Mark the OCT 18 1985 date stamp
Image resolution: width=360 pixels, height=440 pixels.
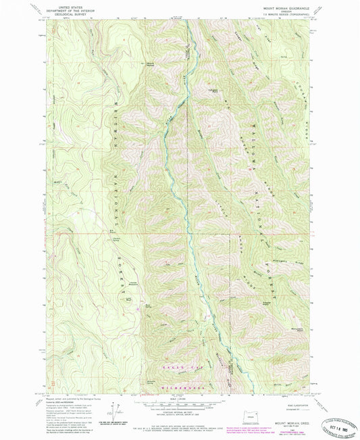(x=335, y=410)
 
